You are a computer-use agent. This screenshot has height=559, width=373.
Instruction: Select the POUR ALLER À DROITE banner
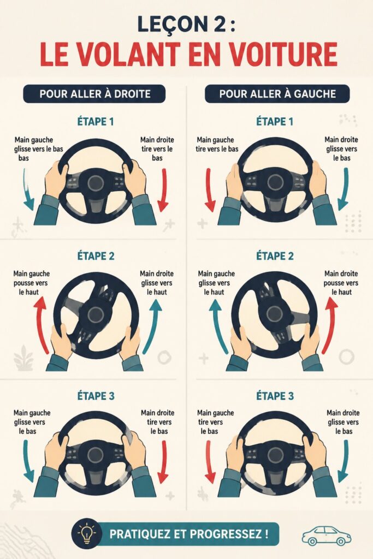(94, 94)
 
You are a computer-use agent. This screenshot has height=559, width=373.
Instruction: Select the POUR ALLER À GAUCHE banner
(277, 94)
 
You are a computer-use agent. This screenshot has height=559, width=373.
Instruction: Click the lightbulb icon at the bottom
(86, 533)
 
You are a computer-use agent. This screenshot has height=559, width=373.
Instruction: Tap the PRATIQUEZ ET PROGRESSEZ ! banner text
(188, 534)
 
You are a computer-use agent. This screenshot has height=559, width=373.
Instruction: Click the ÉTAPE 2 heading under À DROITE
(96, 256)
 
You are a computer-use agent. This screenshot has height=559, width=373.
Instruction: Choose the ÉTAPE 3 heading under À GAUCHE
(275, 396)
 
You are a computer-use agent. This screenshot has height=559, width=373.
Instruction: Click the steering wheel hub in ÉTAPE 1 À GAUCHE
(275, 182)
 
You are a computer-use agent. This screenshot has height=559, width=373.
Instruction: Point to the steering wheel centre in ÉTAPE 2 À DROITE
(96, 315)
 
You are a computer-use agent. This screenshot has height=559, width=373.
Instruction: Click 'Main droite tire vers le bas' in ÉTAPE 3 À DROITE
(158, 422)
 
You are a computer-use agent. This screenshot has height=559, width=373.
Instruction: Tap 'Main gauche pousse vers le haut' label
(31, 283)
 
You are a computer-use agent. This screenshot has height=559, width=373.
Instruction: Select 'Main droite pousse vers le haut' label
(341, 283)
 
